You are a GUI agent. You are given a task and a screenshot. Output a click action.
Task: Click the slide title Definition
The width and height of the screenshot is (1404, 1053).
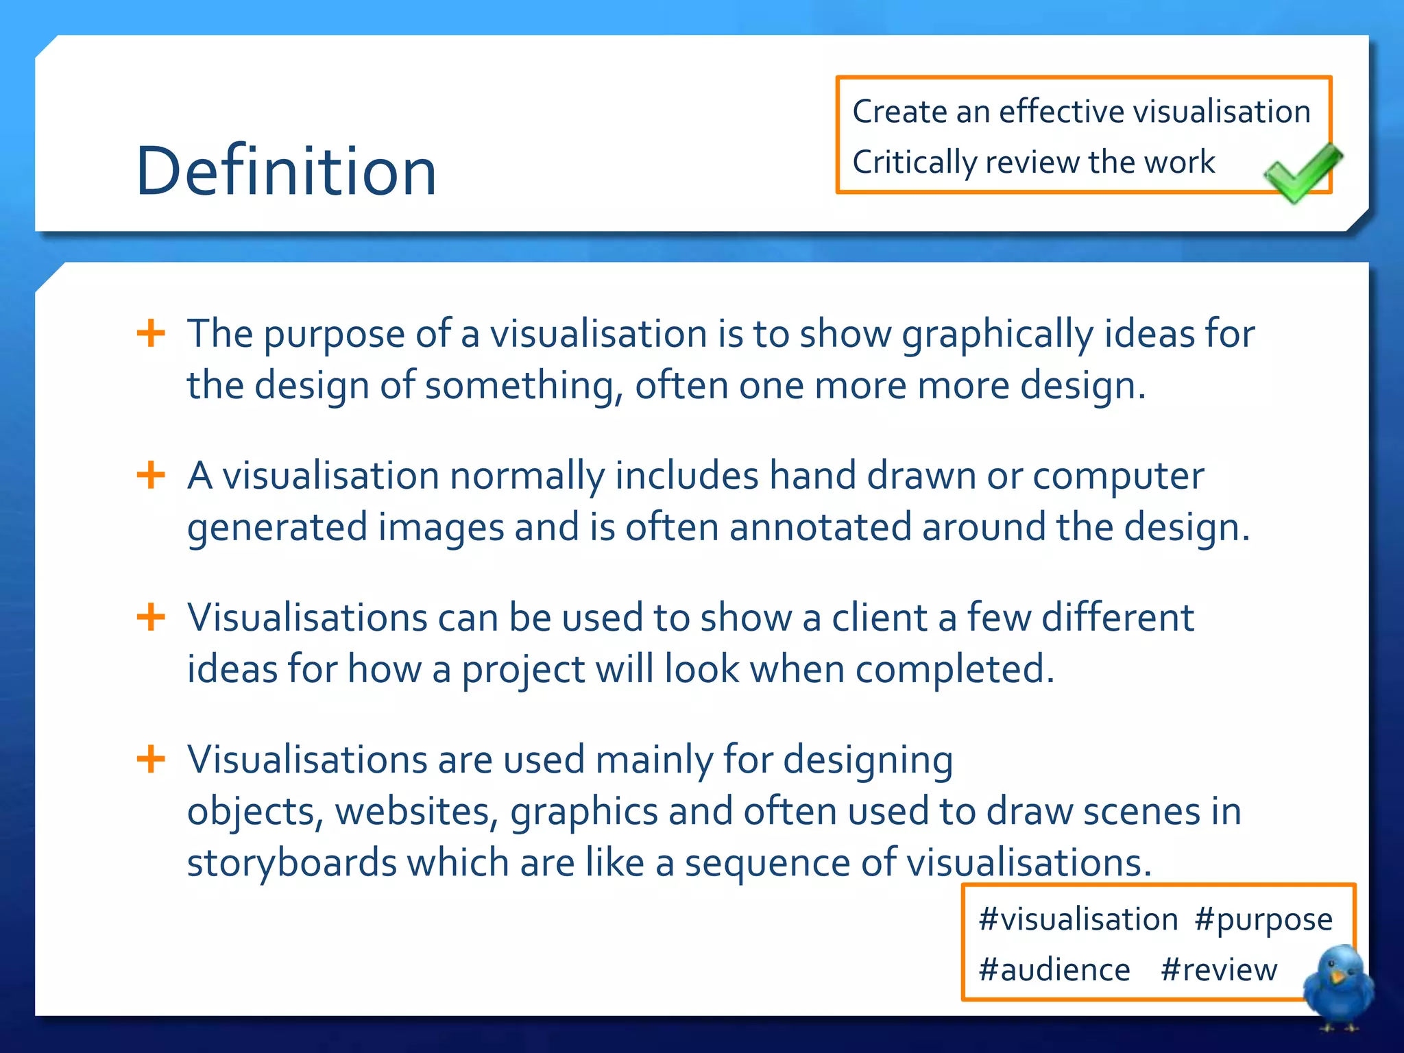[x=286, y=171]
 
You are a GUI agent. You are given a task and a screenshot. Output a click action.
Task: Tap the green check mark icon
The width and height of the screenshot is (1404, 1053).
[x=1301, y=173]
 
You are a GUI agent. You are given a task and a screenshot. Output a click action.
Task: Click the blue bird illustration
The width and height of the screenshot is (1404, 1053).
[x=1338, y=984]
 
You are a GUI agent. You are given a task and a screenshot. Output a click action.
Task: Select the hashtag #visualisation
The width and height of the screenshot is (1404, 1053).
[x=1078, y=919]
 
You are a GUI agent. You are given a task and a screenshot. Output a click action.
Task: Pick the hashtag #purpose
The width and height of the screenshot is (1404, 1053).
[x=1263, y=919]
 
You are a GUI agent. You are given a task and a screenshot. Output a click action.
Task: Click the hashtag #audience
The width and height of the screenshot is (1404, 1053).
[x=1054, y=970]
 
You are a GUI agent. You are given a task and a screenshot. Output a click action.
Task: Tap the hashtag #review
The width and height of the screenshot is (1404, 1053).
[x=1219, y=970]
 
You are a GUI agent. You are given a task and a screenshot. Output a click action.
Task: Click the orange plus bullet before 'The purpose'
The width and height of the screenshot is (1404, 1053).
[x=151, y=334]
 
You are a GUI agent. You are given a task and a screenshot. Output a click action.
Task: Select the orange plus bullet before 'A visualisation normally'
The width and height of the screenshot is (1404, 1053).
[x=151, y=475]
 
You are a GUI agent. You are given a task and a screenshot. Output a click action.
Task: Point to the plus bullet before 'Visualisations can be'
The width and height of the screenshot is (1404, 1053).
[x=151, y=617]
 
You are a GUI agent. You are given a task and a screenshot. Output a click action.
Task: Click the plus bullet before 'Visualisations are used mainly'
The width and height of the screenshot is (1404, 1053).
[x=151, y=759]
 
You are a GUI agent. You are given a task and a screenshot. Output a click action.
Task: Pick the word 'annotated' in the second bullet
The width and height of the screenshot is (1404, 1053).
[x=820, y=527]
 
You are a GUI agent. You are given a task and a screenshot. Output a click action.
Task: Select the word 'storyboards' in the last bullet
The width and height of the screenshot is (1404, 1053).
[x=291, y=862]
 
